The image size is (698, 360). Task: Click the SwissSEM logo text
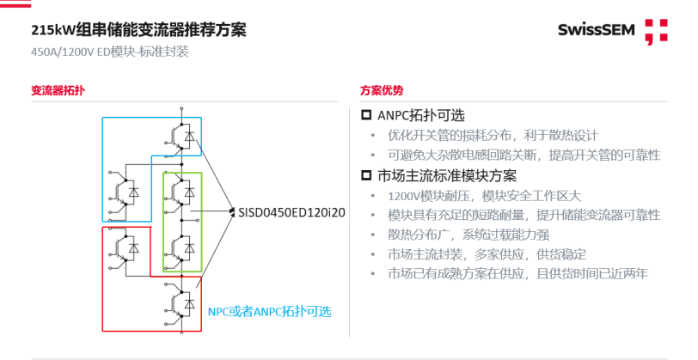click(596, 30)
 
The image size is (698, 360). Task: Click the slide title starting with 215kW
click(138, 30)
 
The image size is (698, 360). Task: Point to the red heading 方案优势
click(382, 90)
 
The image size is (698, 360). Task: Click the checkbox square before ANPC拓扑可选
click(366, 115)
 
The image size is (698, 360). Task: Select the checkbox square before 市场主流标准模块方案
click(366, 176)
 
